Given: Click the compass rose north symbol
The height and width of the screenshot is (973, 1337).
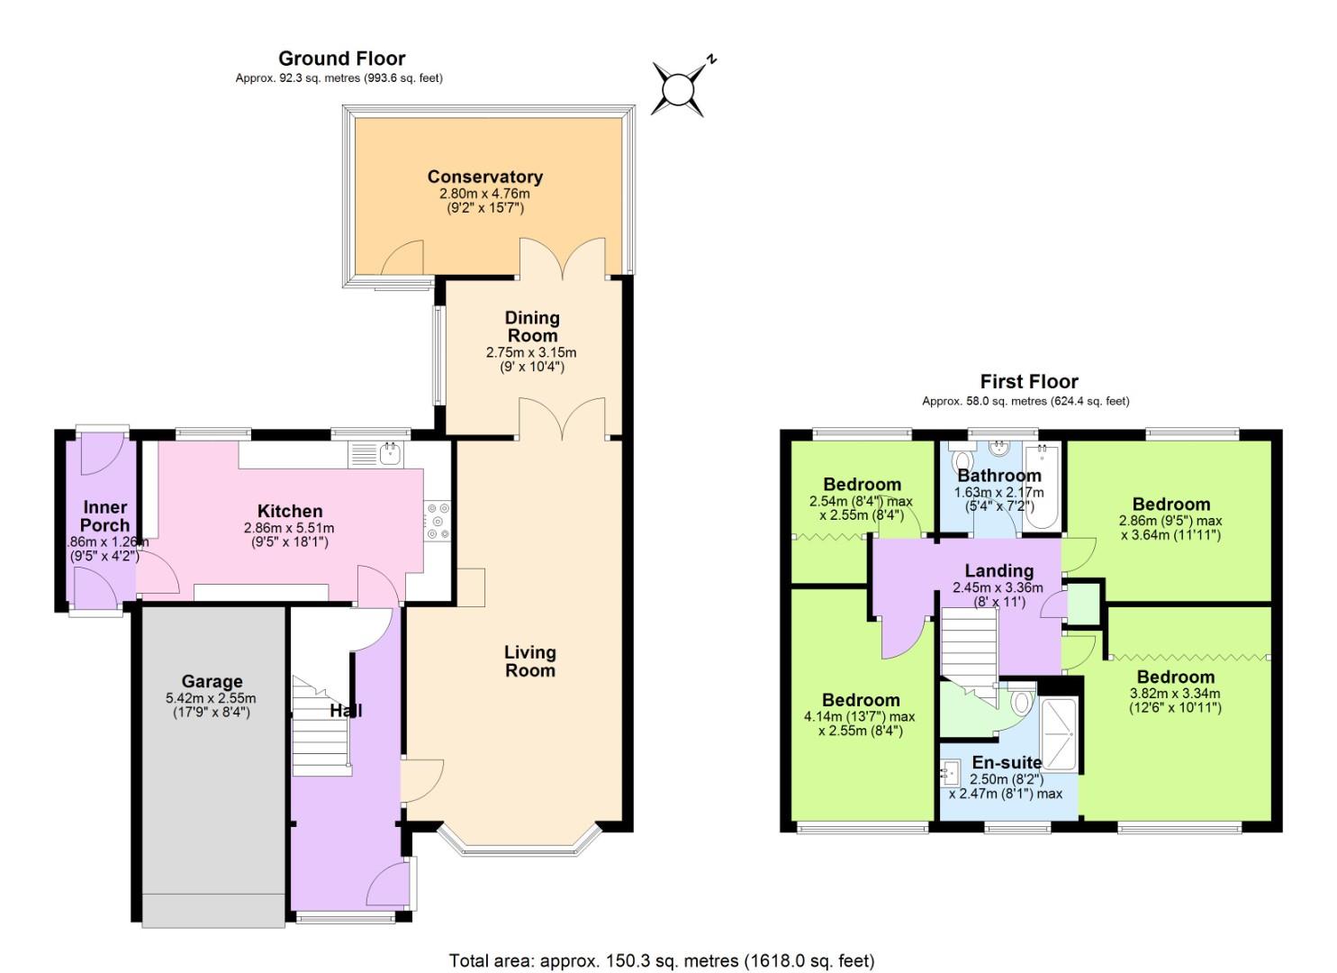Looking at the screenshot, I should [679, 88].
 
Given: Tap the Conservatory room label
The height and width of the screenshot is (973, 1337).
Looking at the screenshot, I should [484, 177].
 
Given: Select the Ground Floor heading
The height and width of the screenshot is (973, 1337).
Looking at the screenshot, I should [341, 59].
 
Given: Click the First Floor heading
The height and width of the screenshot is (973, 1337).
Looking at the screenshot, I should [1028, 381].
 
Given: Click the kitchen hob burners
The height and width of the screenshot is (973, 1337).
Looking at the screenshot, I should [438, 521].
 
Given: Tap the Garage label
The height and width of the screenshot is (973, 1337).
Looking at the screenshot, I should [212, 681].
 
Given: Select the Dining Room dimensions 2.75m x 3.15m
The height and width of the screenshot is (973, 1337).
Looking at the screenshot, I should [531, 352].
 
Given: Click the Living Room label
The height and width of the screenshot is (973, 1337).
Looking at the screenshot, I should [529, 661].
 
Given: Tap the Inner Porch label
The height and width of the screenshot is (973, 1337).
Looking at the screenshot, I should [105, 516].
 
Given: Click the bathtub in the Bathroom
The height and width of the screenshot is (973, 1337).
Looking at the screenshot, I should [1043, 486].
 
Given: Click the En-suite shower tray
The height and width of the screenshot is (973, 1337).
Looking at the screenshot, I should [1060, 734].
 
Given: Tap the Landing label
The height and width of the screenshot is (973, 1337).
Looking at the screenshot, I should [998, 570].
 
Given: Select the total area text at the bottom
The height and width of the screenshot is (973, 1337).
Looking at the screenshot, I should [662, 960].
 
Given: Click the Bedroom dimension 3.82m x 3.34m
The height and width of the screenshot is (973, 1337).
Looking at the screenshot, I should [1175, 694].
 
